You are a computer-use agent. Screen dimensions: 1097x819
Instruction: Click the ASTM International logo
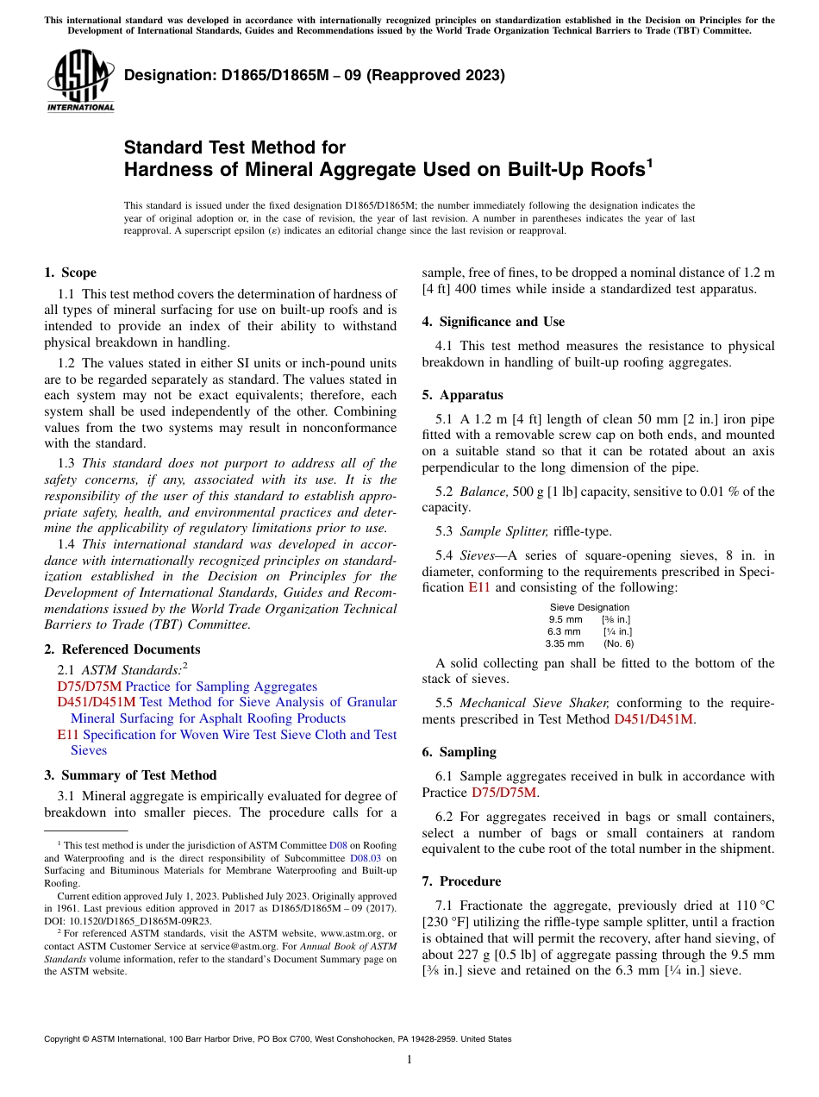(x=80, y=81)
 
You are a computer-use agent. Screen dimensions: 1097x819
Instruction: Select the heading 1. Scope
(x=70, y=273)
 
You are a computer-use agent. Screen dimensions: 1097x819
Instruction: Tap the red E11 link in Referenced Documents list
(x=67, y=735)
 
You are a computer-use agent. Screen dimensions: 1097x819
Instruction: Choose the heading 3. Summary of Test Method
(x=130, y=775)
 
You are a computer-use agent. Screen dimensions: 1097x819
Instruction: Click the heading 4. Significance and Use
(x=493, y=322)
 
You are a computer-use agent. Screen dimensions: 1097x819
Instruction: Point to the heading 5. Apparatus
(x=462, y=395)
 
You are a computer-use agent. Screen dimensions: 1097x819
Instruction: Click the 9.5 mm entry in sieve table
(x=566, y=619)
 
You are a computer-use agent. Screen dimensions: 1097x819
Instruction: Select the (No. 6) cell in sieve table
(x=618, y=643)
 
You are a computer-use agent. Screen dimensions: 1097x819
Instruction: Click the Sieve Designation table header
(x=590, y=607)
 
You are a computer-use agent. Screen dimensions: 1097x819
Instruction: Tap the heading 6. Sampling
(x=459, y=752)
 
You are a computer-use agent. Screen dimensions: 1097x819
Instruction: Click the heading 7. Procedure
(x=461, y=881)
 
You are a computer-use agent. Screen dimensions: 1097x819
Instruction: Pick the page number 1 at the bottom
(x=409, y=1060)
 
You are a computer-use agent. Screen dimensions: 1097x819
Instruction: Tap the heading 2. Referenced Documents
(x=122, y=649)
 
